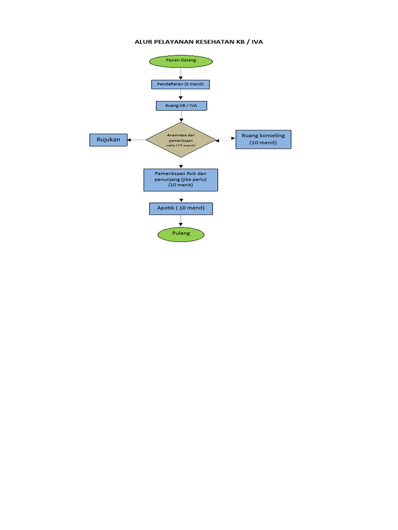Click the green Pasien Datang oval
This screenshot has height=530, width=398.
click(181, 61)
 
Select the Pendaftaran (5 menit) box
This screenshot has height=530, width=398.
click(181, 84)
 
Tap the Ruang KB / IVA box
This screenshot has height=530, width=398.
click(181, 106)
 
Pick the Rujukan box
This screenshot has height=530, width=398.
click(108, 139)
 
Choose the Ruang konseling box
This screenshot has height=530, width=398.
click(263, 139)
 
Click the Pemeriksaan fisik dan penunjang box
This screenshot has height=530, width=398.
click(180, 179)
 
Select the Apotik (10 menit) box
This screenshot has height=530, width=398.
click(180, 208)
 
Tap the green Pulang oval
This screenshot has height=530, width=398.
click(181, 234)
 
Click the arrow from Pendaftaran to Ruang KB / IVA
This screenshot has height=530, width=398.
click(181, 95)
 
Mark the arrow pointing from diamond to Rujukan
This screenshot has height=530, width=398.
click(136, 140)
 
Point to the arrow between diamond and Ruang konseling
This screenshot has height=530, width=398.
click(225, 139)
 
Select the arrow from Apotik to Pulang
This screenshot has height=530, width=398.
click(181, 221)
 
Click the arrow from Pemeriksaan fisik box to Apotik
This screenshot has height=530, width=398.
click(181, 197)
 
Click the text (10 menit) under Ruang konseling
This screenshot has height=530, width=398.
click(263, 143)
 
